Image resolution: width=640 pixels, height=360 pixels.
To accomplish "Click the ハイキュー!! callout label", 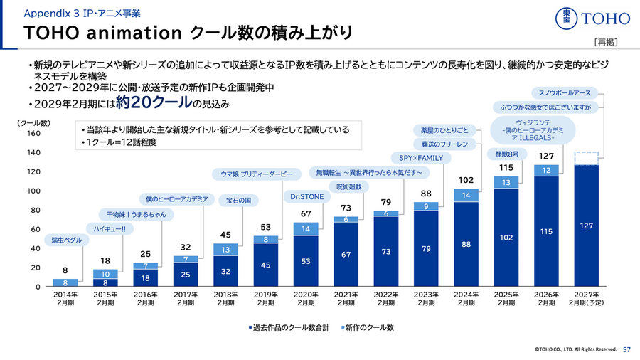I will (110, 228).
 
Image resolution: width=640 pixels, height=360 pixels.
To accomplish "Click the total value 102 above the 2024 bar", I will (466, 180).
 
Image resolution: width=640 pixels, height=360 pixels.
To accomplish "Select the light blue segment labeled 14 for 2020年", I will (306, 228).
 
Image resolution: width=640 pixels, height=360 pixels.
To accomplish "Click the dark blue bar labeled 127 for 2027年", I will (587, 226).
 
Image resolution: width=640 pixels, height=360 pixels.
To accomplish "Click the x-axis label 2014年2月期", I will (65, 297).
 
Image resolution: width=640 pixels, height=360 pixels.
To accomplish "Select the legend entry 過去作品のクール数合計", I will (288, 327).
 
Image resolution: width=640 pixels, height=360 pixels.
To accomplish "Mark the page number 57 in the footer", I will (626, 349).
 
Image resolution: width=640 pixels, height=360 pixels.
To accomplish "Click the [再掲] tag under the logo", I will (604, 42).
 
